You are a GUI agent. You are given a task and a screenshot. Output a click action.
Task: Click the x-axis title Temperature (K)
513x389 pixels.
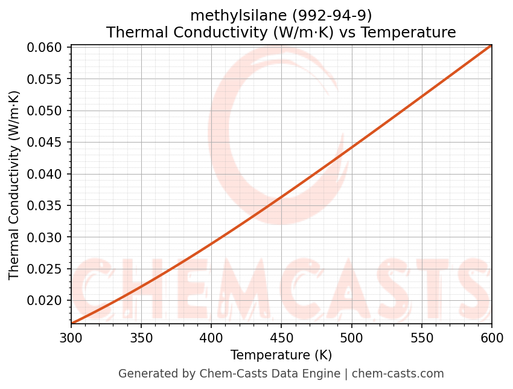tap(281, 355)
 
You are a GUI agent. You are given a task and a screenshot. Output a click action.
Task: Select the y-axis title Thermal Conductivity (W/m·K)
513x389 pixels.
tap(14, 185)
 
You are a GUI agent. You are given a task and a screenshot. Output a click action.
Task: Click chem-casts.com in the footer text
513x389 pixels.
tap(398, 374)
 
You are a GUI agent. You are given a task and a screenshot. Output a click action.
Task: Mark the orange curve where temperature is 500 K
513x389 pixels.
tap(351, 147)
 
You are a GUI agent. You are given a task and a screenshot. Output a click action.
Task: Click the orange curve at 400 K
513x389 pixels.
tap(211, 243)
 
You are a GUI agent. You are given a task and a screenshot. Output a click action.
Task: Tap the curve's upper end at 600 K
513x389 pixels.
tap(491, 45)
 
